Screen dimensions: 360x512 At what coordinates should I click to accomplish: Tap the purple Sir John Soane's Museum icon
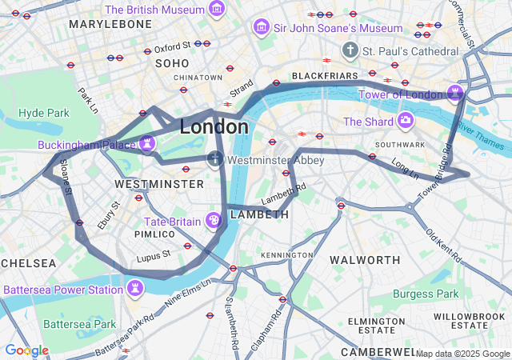click(261, 28)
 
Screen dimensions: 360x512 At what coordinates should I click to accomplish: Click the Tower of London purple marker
click(455, 94)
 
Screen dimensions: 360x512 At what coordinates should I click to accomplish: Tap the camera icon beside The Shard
click(406, 121)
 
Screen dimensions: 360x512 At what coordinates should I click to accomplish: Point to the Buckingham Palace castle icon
click(146, 143)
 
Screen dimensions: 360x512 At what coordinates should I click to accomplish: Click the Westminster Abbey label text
click(275, 160)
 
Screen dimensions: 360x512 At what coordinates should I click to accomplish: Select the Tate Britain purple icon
click(214, 220)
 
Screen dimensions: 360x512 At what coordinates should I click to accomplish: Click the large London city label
click(214, 126)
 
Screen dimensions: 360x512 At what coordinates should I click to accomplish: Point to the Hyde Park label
click(44, 113)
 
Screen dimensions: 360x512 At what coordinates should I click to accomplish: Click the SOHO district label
click(172, 62)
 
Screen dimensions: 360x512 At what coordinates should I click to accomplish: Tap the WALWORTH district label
click(365, 260)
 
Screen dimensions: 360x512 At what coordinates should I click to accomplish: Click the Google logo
click(26, 350)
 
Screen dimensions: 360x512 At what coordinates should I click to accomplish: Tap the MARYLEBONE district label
click(110, 25)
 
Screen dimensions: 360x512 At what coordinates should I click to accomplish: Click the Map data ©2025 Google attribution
click(462, 354)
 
